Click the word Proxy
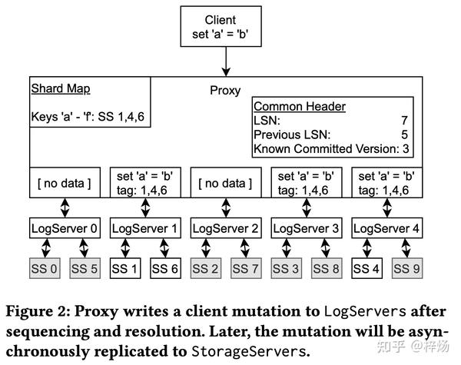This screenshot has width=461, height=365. [x=225, y=90]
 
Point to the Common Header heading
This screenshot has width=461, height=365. [x=299, y=107]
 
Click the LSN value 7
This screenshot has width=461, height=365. [x=403, y=120]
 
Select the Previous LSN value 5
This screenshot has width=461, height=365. [x=403, y=133]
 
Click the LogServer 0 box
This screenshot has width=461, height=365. [x=65, y=228]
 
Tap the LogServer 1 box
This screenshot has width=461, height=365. [x=145, y=228]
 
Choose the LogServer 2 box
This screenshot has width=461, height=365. [x=226, y=228]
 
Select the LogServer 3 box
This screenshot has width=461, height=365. [x=307, y=228]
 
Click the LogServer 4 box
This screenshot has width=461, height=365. [x=386, y=228]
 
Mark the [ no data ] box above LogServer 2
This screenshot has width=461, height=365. [x=226, y=183]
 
